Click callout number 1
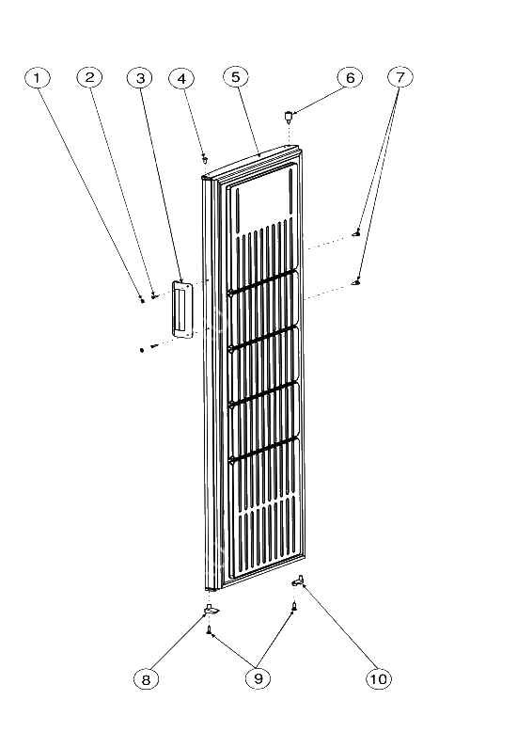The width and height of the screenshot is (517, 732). click(x=37, y=77)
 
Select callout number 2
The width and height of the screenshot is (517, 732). click(x=89, y=77)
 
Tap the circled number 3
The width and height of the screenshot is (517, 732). click(x=140, y=78)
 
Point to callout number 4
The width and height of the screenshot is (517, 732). click(x=182, y=78)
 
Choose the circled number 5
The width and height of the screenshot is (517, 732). click(x=236, y=76)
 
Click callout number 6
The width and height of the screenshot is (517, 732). click(x=351, y=77)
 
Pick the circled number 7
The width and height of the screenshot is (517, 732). click(x=400, y=76)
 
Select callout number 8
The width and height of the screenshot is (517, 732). click(x=146, y=679)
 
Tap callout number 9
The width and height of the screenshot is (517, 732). click(x=258, y=678)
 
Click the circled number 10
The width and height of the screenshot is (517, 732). click(x=379, y=678)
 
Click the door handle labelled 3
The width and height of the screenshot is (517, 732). click(x=181, y=309)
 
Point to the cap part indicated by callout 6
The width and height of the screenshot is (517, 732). click(x=289, y=116)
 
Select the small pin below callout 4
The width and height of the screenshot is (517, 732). click(x=204, y=159)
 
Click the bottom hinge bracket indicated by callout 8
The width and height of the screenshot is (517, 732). click(x=211, y=609)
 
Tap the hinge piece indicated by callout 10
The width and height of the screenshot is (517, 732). click(x=298, y=581)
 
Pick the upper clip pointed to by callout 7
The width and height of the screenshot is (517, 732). click(x=356, y=233)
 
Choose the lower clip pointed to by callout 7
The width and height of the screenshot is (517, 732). click(x=356, y=282)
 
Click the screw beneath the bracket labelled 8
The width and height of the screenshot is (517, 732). click(x=210, y=630)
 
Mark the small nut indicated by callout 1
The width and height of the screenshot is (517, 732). click(x=142, y=301)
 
